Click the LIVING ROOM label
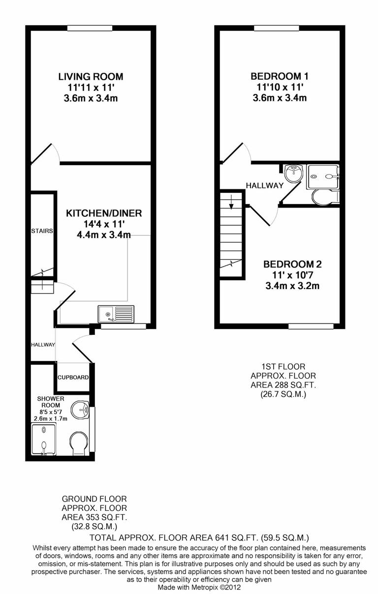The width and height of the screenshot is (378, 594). (x=91, y=77)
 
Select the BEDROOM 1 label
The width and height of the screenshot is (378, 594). (x=279, y=76)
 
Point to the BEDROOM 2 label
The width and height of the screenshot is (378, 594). (x=289, y=264)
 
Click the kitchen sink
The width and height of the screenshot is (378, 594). (x=116, y=313)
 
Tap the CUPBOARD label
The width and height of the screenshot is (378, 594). (x=73, y=378)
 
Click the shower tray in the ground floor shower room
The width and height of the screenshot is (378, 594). (x=44, y=442)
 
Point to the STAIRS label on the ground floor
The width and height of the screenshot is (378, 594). (x=42, y=231)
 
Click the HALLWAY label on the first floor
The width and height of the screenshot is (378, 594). (x=265, y=185)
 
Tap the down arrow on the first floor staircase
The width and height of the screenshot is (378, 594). (x=231, y=201)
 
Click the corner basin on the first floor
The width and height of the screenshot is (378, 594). (x=294, y=173)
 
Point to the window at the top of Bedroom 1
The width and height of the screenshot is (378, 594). (x=276, y=29)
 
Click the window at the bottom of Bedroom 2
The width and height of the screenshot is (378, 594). (x=311, y=326)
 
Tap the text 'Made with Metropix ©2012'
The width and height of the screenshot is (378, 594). (x=199, y=587)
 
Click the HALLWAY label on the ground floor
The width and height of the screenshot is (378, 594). (x=43, y=345)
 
